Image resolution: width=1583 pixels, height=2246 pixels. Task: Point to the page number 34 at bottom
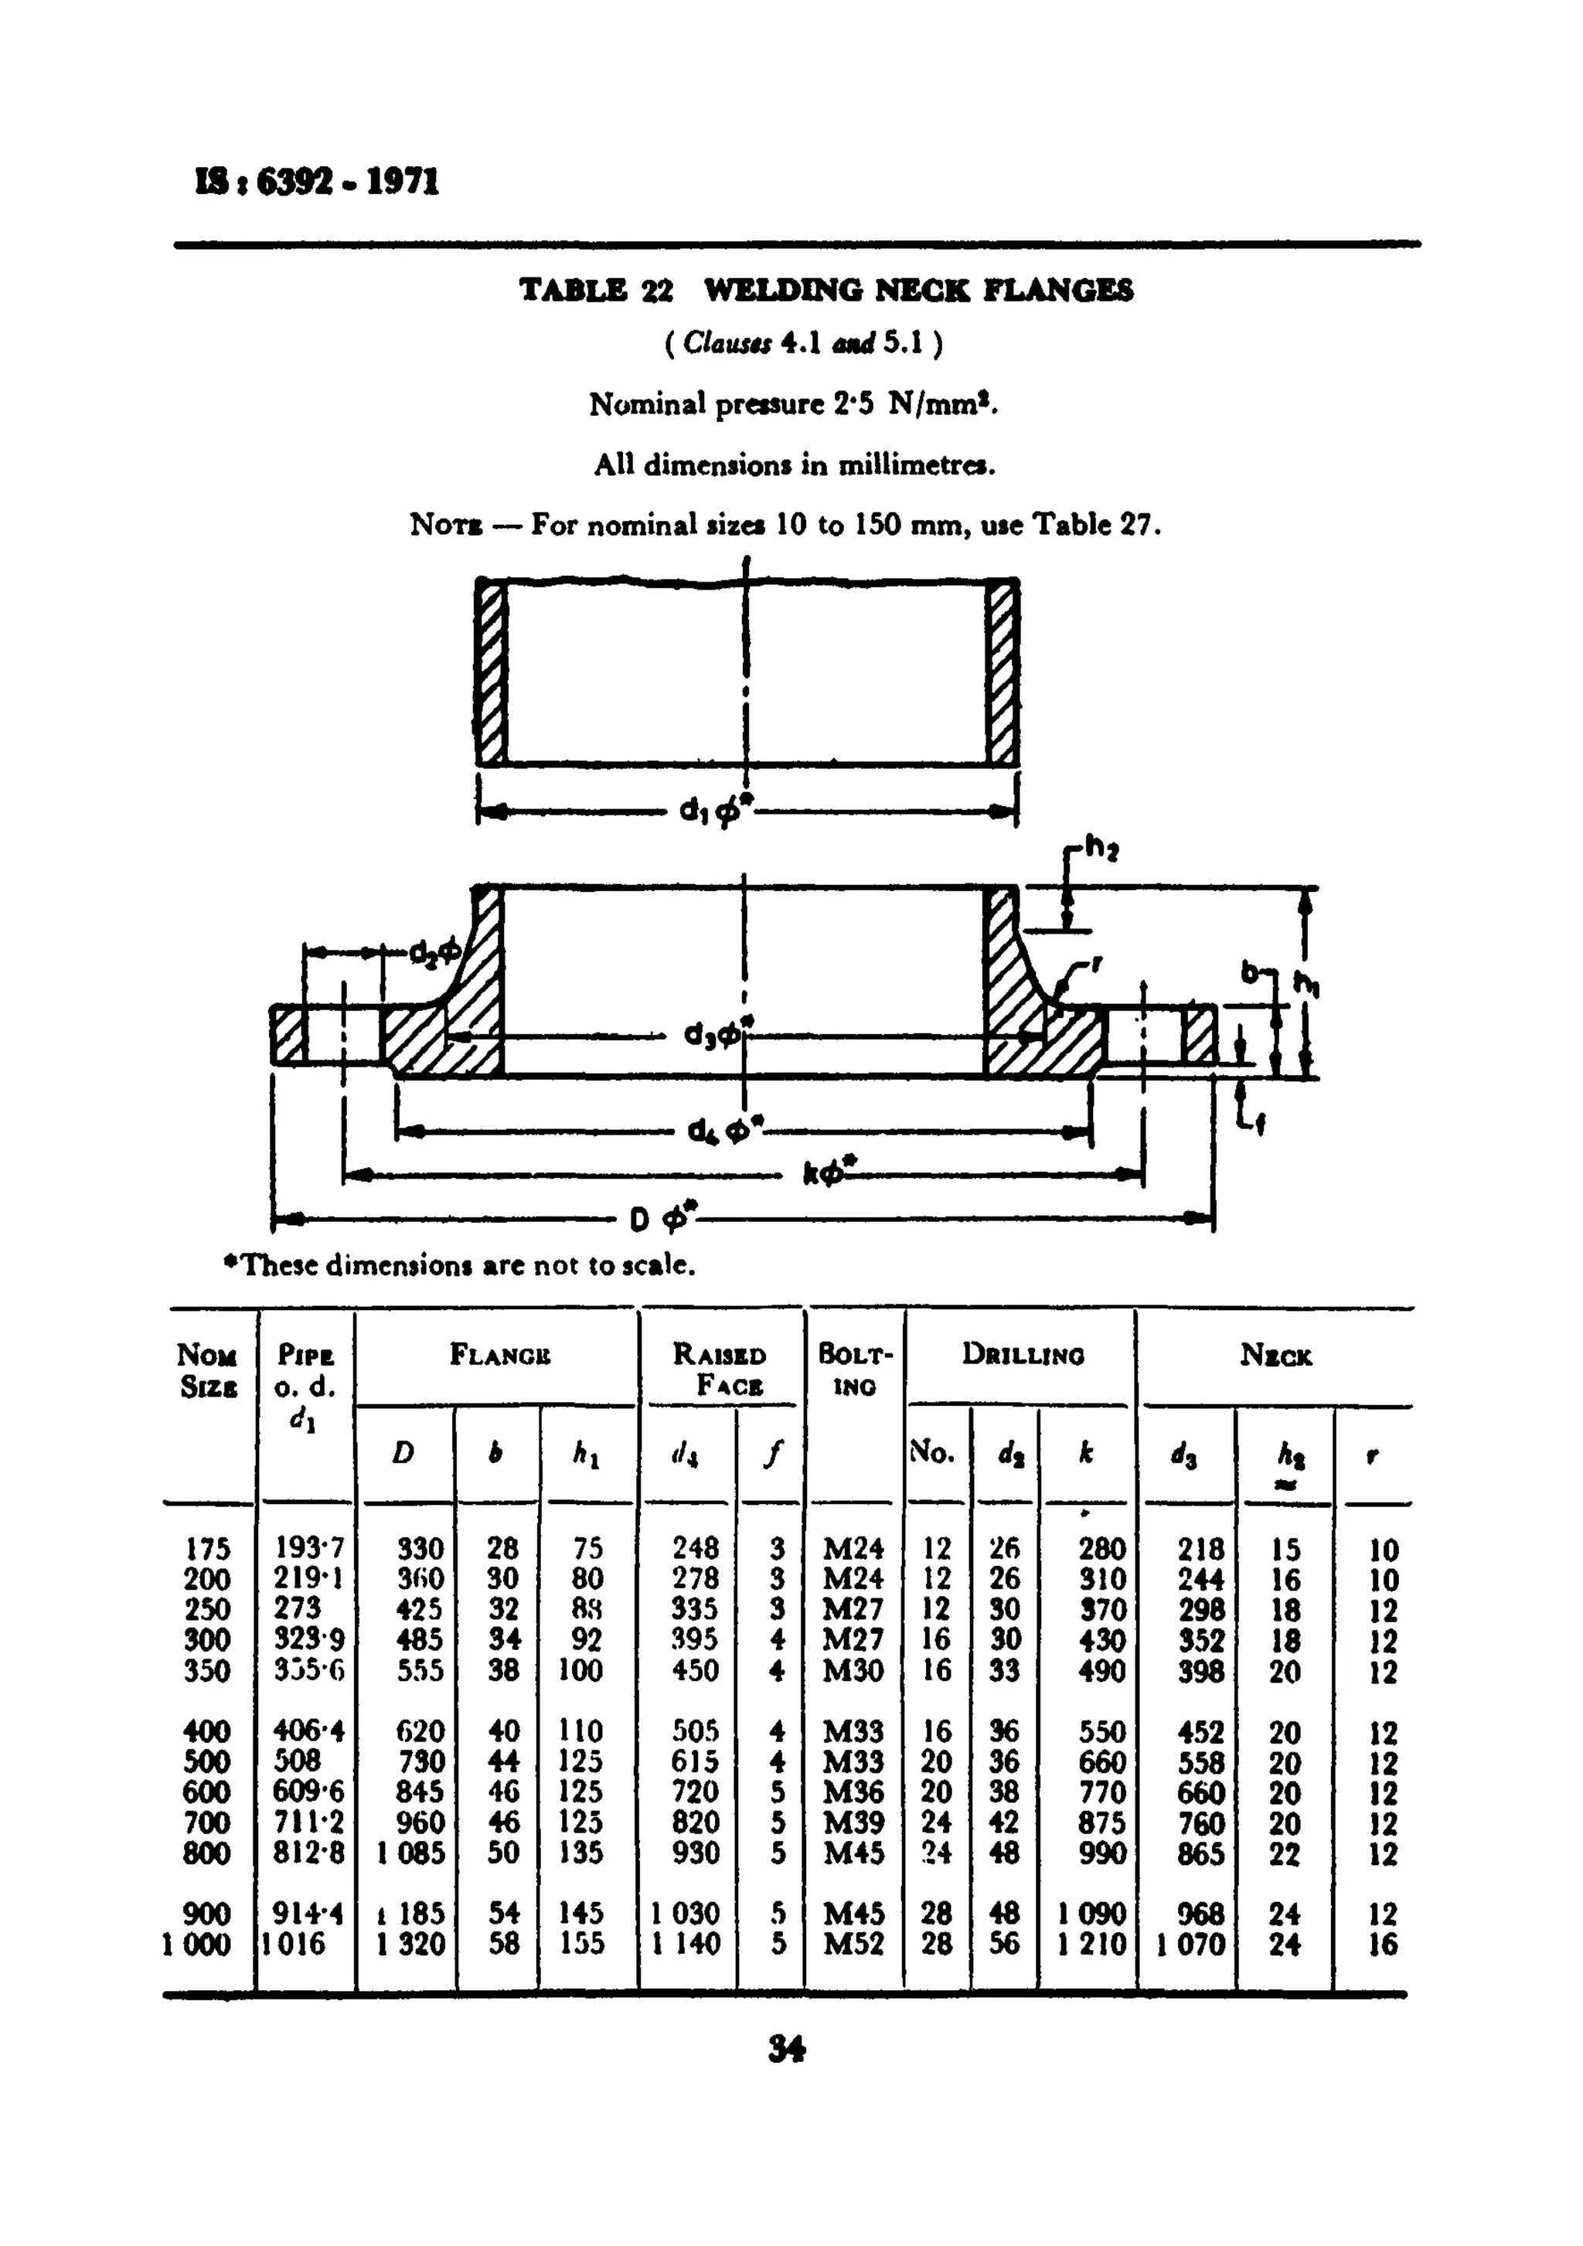(x=787, y=2047)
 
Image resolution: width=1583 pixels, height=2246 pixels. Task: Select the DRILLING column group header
(x=1023, y=1355)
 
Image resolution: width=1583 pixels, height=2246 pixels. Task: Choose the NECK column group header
(x=1276, y=1355)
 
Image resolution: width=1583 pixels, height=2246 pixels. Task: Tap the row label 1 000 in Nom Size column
(x=196, y=1944)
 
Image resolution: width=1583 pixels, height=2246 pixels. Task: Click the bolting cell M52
(x=853, y=1944)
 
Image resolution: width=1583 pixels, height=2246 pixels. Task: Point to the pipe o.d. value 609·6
(x=308, y=1792)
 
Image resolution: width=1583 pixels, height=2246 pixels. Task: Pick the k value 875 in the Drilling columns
(x=1101, y=1822)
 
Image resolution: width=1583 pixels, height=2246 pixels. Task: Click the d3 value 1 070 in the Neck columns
(x=1190, y=1944)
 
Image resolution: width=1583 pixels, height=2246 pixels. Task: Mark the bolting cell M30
(x=853, y=1671)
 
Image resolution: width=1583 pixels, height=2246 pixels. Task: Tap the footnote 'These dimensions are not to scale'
(x=460, y=1266)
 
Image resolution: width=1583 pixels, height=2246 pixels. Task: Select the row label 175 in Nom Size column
(x=206, y=1550)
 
